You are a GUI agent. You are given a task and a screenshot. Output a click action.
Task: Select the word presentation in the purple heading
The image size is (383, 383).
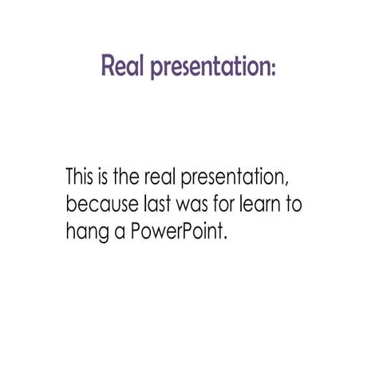coord(208,68)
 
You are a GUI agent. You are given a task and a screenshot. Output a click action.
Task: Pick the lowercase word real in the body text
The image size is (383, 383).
coord(175,176)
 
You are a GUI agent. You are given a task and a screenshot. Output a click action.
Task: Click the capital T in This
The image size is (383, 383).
coord(70,176)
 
